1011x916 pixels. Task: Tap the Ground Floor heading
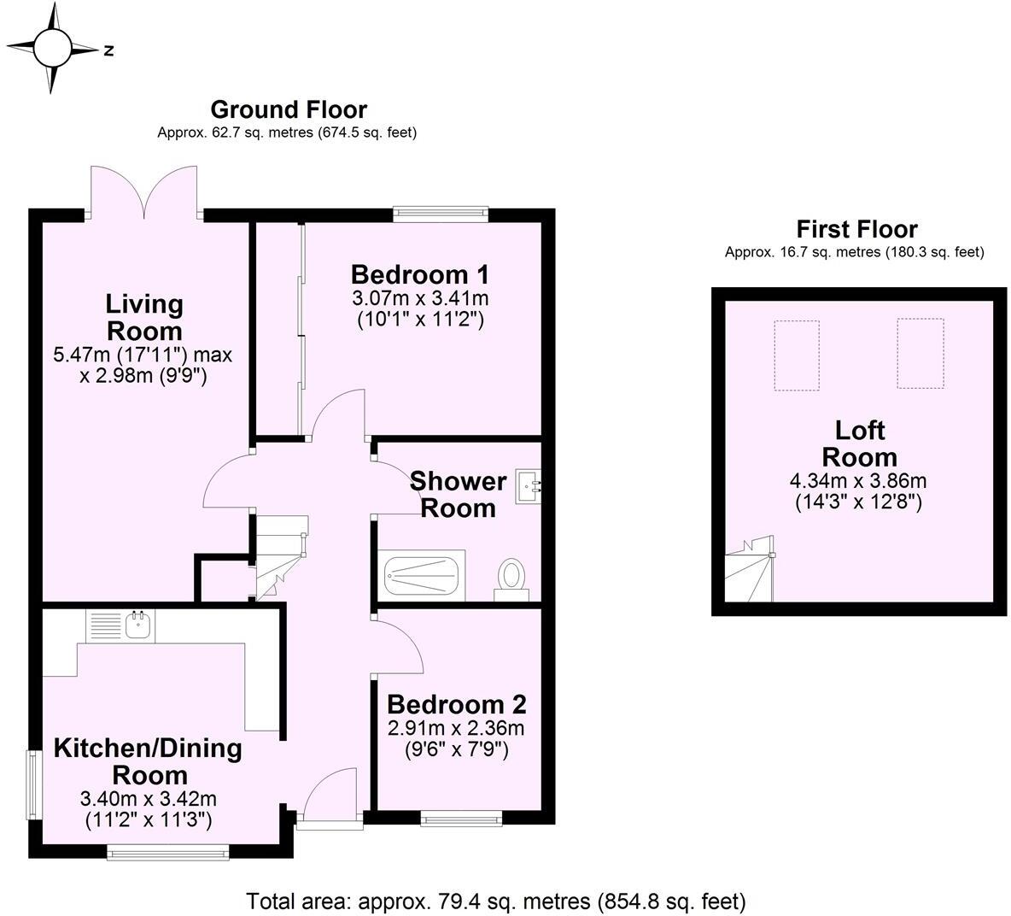tap(288, 109)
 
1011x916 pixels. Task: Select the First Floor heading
tap(856, 229)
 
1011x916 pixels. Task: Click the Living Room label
tap(143, 317)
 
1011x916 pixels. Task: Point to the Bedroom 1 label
tap(419, 274)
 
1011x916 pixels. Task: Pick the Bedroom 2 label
tap(456, 704)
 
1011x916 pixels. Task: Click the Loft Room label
tap(859, 443)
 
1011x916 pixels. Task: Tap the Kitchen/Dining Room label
tap(148, 761)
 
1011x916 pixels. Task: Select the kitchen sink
tap(137, 625)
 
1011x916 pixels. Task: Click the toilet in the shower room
tap(511, 578)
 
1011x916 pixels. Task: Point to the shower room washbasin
tap(529, 487)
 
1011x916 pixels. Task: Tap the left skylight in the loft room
tap(796, 355)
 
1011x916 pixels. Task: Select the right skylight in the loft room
tap(920, 354)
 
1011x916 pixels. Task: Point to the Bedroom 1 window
tap(440, 214)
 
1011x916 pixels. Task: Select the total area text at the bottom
tap(496, 901)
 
